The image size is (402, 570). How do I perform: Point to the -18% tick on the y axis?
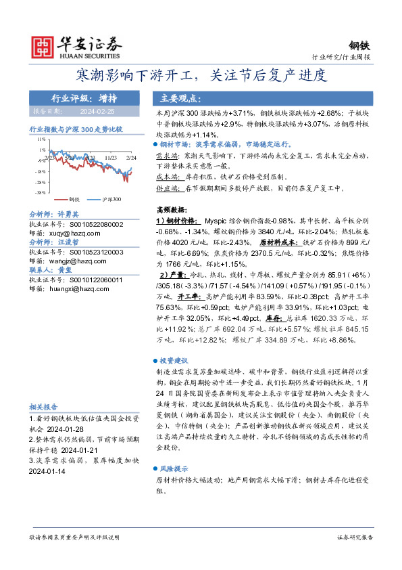[41, 171]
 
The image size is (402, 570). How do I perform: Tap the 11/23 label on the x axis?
[112, 156]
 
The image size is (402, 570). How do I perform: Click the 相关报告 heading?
[44, 408]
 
